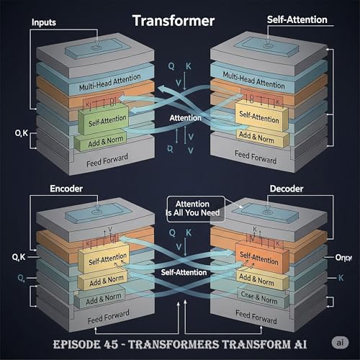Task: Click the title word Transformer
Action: tap(172, 21)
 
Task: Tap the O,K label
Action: tap(20, 132)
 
